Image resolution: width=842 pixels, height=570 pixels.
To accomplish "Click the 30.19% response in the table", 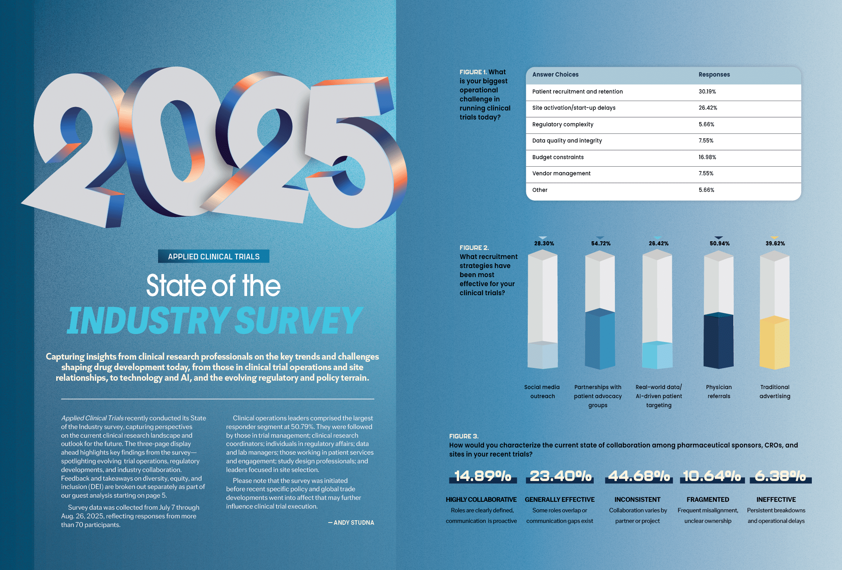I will point(707,92).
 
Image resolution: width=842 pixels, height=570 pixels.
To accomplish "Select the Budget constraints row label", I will point(558,157).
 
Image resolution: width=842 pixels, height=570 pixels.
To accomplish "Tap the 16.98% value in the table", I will point(707,157).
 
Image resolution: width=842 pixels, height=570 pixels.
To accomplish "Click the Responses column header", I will point(714,75).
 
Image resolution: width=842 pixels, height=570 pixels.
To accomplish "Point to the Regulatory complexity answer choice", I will point(562,124).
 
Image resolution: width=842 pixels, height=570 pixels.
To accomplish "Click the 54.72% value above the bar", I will point(601,244).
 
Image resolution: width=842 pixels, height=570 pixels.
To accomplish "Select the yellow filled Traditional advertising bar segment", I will point(774,343).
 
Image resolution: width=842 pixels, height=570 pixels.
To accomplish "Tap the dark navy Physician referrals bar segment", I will point(718,341).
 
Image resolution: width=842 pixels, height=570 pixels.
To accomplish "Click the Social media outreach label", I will point(542,392).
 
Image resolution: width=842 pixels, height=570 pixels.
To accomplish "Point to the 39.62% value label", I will point(775,244).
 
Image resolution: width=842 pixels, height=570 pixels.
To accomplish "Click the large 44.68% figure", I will point(639,476).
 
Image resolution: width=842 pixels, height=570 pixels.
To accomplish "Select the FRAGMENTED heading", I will point(708,500).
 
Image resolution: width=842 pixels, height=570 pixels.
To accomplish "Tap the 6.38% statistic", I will point(780,476).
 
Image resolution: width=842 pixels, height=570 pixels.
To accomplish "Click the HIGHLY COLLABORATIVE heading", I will point(481,500).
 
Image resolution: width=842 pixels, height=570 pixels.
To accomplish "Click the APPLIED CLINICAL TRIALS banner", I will point(214,257).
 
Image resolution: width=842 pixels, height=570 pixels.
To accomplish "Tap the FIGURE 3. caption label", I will point(464,436).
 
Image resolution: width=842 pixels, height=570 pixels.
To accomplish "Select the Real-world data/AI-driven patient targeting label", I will point(659,396).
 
